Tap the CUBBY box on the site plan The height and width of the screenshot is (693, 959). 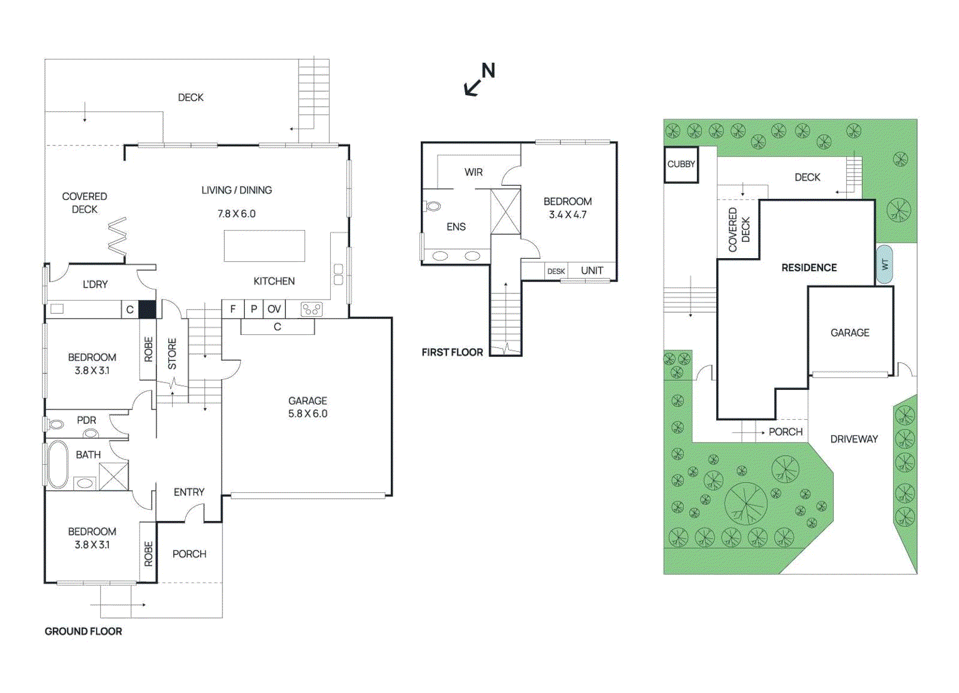(x=681, y=164)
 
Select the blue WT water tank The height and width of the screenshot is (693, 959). (x=884, y=264)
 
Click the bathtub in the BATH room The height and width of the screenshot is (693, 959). (x=58, y=464)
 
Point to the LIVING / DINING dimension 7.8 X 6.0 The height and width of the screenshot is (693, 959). (x=236, y=214)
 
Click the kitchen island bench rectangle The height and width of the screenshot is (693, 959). (x=264, y=246)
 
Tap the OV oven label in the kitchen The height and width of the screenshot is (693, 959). (x=274, y=309)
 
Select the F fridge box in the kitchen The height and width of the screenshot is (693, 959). (x=233, y=309)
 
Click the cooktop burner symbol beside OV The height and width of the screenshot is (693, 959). (x=311, y=309)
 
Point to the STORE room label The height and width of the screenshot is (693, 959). (x=173, y=353)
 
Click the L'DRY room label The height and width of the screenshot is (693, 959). (x=95, y=284)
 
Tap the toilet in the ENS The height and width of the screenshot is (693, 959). (x=433, y=206)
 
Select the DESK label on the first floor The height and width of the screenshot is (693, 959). (x=556, y=271)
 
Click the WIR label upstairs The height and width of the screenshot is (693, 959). (x=473, y=173)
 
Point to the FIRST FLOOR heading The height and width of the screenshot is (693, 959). (x=452, y=352)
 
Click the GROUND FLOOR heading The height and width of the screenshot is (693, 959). (x=83, y=631)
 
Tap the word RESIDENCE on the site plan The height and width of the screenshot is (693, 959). (x=809, y=268)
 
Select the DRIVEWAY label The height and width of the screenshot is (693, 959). (x=854, y=439)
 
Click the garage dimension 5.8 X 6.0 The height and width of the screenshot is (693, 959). (x=307, y=414)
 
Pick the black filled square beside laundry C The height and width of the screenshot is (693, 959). (x=147, y=309)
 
